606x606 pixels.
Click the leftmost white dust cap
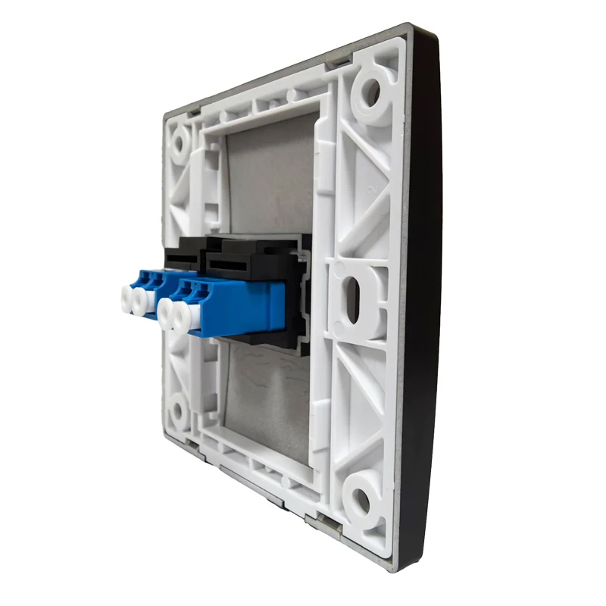[x=125, y=298]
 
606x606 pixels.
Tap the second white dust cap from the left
[x=140, y=301]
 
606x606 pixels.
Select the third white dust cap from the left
[x=167, y=309]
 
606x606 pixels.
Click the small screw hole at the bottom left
[x=177, y=413]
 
